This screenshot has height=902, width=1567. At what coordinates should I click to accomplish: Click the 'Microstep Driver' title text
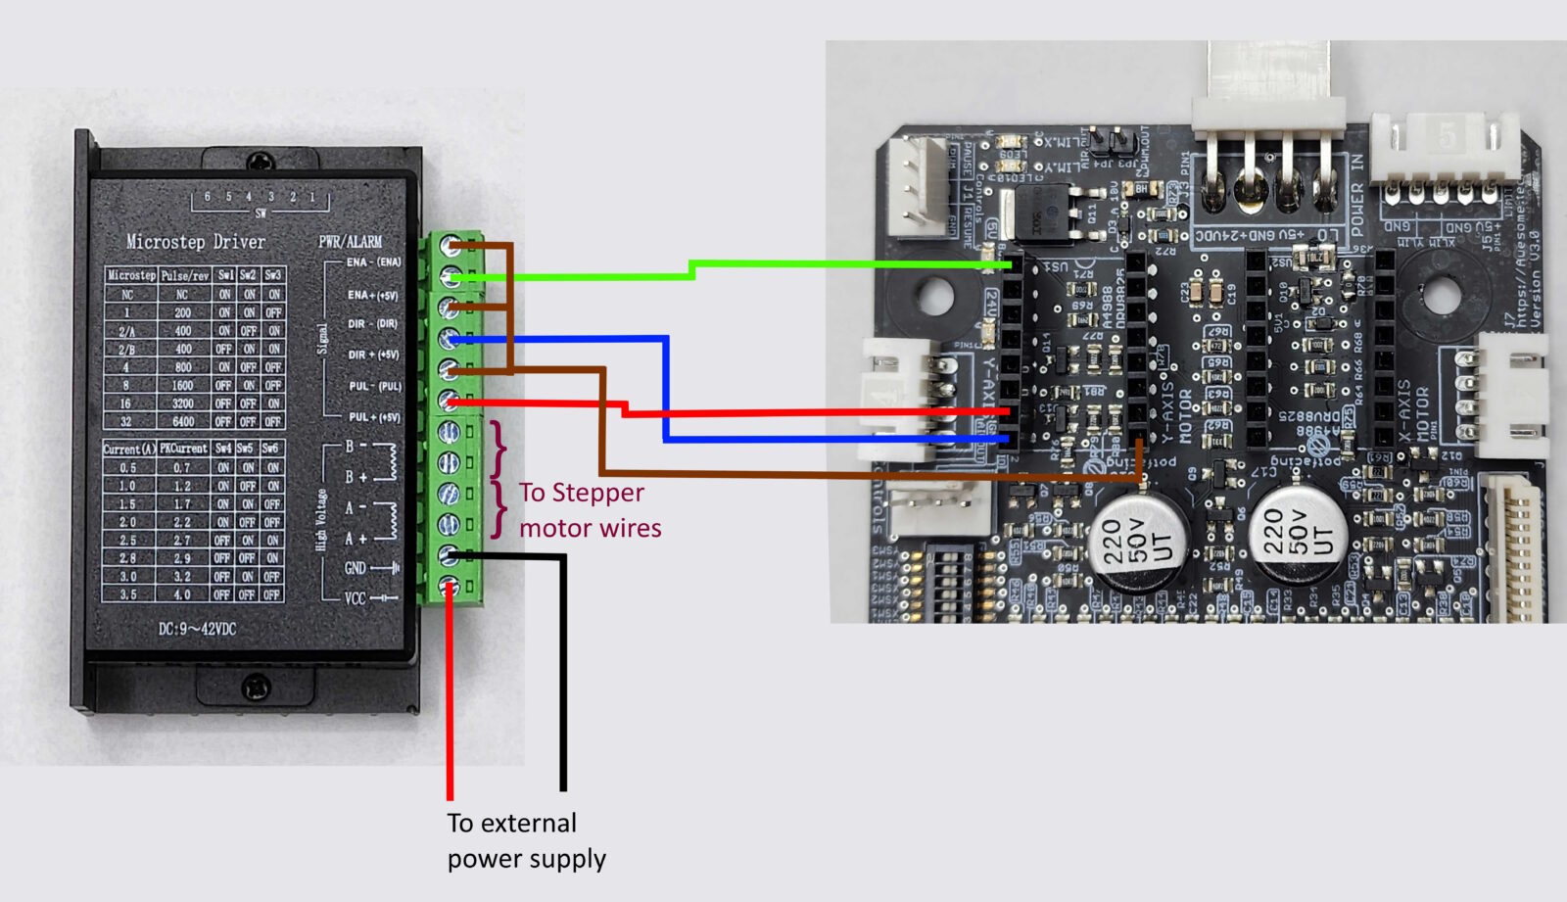click(x=195, y=242)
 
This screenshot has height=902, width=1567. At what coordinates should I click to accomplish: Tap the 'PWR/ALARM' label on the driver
click(x=350, y=242)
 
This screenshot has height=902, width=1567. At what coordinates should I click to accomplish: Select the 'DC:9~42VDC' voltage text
click(x=197, y=629)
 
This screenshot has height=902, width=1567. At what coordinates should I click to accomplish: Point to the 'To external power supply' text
click(x=526, y=840)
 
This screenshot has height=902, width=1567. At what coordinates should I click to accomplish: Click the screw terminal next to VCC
click(x=449, y=587)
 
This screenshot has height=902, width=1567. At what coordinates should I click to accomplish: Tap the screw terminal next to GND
click(x=449, y=555)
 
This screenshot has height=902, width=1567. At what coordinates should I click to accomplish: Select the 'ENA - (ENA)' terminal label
click(x=373, y=262)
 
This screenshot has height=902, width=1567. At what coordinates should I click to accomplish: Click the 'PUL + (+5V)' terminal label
click(x=373, y=417)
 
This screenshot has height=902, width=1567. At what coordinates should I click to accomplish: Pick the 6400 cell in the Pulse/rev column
click(x=183, y=421)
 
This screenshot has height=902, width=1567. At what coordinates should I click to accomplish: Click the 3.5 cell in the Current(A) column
click(x=127, y=593)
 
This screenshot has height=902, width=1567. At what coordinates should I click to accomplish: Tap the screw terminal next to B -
click(x=449, y=431)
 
